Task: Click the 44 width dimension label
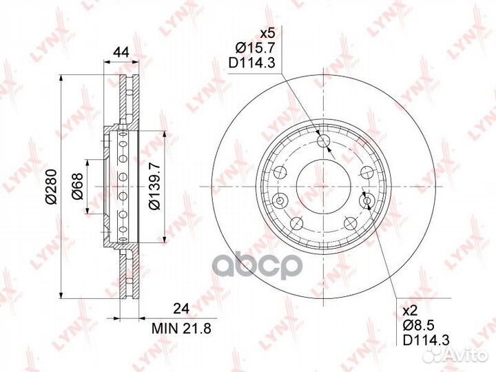coord(121,52)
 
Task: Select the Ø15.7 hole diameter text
coord(256,48)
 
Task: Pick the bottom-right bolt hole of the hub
coord(351,223)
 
